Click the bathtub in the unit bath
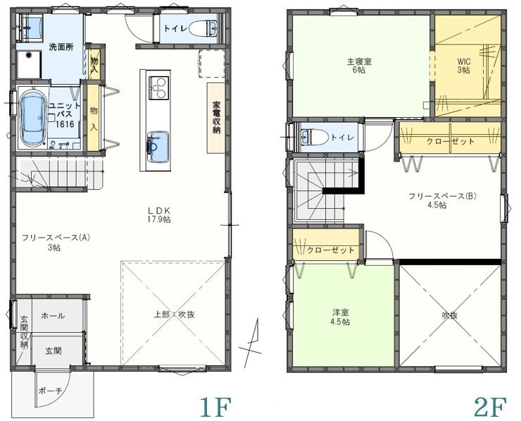(33, 119)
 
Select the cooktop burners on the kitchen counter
(158, 87)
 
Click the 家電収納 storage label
(216, 117)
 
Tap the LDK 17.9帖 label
(159, 214)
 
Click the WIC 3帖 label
(463, 66)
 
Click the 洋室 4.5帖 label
(341, 317)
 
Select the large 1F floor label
(215, 407)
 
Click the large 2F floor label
(491, 407)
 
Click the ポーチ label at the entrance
(50, 391)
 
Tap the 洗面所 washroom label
(61, 47)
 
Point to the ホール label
(54, 315)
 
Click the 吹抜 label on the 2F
(450, 315)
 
